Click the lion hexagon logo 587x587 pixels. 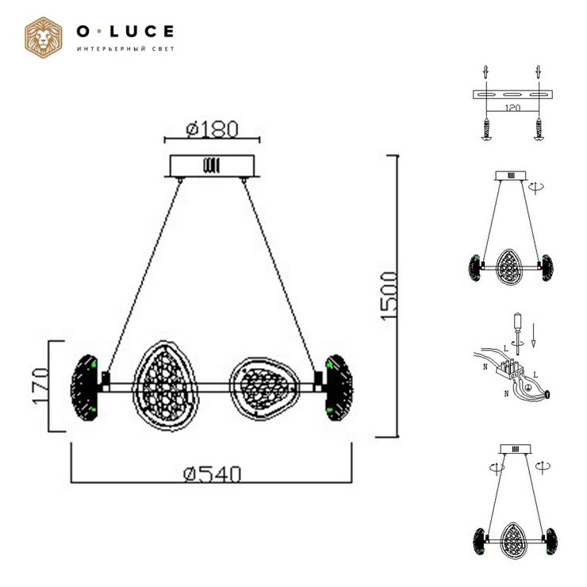pos(44,37)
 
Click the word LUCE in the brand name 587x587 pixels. pos(141,32)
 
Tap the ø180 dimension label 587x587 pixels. pos(213,129)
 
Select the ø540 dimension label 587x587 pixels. pos(213,474)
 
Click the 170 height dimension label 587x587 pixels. pos(40,386)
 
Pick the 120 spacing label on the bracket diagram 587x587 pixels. pos(512,108)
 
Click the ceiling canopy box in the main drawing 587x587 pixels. pos(213,166)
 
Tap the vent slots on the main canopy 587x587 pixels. pos(212,166)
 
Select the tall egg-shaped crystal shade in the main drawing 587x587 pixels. pos(165,386)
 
